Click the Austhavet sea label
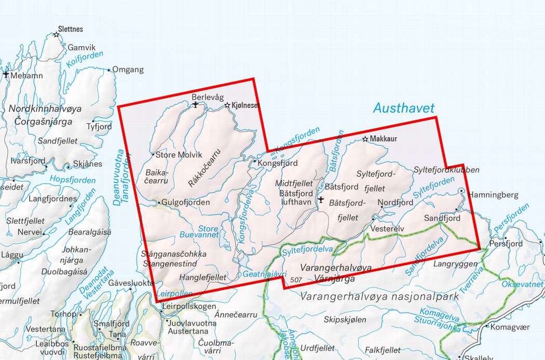[403, 108]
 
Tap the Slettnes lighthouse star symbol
[57, 35]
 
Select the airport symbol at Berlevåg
[195, 105]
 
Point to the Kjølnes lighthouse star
[227, 105]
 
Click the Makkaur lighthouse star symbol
[365, 139]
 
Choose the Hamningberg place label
[493, 195]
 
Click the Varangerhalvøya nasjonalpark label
[379, 297]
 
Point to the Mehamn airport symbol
[6, 75]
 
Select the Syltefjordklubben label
[446, 170]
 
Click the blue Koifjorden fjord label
[82, 64]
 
